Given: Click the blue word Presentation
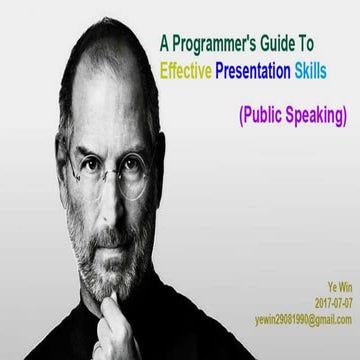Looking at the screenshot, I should (267, 71).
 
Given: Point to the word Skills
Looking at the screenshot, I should (330, 71).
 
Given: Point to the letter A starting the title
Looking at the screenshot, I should (165, 44).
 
